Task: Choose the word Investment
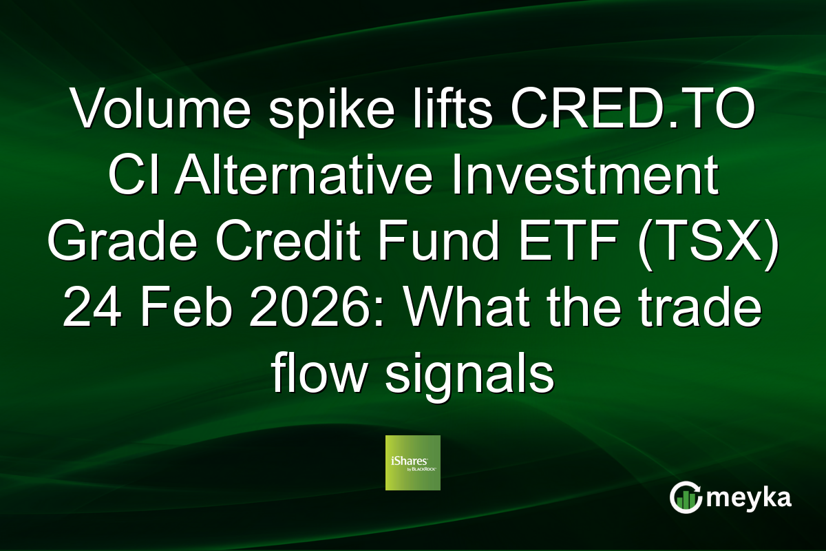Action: (x=606, y=180)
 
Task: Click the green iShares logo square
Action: (x=413, y=462)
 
